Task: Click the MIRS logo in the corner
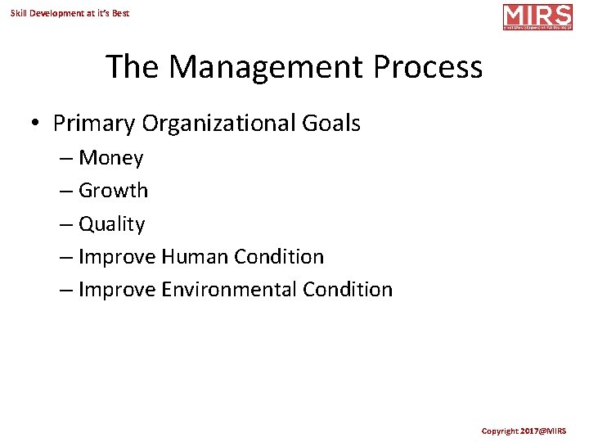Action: coord(537,16)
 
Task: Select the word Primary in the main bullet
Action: coord(94,124)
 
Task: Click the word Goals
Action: coord(330,124)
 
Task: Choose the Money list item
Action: coord(110,158)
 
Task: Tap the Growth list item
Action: coord(113,191)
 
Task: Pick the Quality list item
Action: coord(111,224)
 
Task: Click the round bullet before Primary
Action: coord(36,124)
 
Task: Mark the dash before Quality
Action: coord(65,224)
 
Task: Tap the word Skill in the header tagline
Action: coord(18,13)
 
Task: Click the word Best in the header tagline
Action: coord(119,13)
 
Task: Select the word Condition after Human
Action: coord(279,257)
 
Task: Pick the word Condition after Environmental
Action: coord(348,290)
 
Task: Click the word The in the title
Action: coord(133,67)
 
